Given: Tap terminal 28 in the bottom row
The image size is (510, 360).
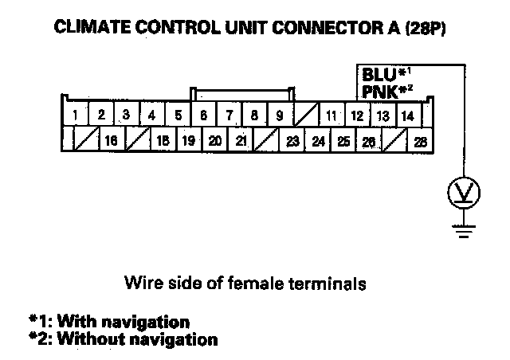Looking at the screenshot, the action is click(x=420, y=142).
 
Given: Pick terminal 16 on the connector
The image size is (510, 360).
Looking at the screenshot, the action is click(x=112, y=142).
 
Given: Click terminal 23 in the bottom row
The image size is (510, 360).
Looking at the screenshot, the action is click(x=293, y=142).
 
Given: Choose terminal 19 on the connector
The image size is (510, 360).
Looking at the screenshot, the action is click(x=190, y=142).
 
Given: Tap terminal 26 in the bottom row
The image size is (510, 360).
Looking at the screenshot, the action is click(x=368, y=142).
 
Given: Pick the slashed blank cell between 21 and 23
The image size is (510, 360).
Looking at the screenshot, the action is click(x=267, y=142).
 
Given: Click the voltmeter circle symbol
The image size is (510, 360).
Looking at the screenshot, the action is click(x=461, y=191).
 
